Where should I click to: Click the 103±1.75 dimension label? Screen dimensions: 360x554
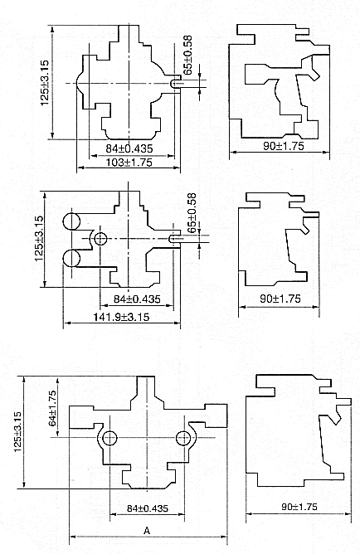(x=129, y=163)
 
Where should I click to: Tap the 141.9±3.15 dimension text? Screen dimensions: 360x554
(x=121, y=317)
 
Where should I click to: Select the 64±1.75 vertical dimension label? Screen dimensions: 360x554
(x=52, y=408)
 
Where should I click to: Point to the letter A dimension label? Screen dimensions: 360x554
(x=148, y=530)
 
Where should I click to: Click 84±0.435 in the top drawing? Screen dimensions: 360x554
(x=129, y=148)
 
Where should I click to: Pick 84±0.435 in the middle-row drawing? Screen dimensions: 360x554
(x=137, y=299)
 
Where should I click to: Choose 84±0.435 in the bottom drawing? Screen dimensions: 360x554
(x=148, y=508)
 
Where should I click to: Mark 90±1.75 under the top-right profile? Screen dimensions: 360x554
(x=284, y=146)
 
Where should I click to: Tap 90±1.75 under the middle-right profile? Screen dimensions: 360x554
(x=280, y=299)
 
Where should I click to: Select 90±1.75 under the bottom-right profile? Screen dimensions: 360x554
(x=299, y=507)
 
